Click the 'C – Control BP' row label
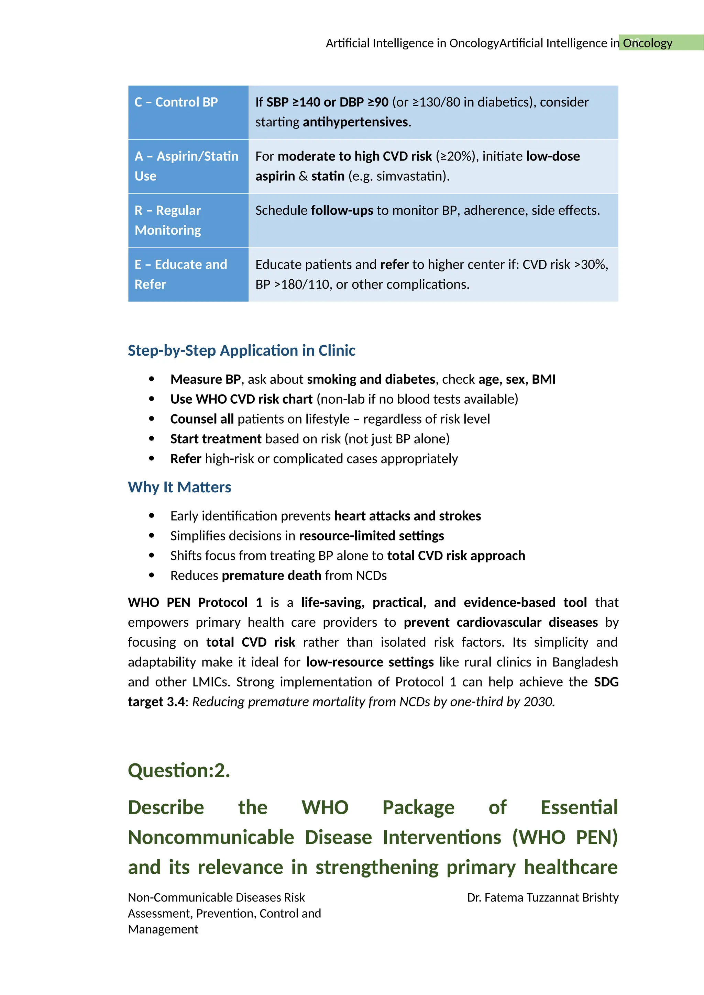176,102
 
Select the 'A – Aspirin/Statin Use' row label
186,166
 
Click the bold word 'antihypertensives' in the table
355,122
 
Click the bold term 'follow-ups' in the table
342,211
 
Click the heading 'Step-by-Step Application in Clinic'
241,350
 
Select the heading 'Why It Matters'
179,488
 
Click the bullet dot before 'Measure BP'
151,379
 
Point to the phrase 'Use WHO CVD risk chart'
241,399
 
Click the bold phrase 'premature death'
271,575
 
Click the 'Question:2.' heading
179,771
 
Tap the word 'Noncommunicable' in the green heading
211,838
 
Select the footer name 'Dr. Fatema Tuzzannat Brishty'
542,897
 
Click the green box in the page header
660,43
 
